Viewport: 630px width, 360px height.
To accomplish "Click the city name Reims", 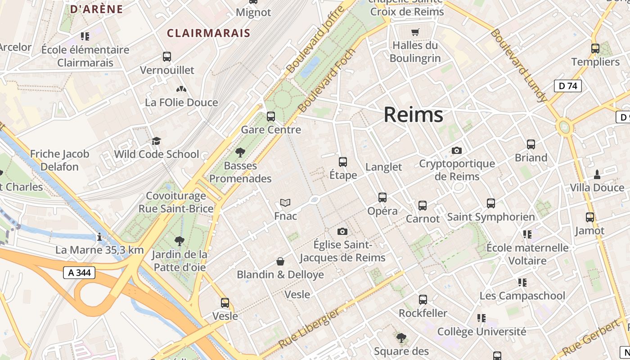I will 413,115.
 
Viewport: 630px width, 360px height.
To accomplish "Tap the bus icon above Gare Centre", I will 271,116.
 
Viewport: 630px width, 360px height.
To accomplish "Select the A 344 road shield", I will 79,272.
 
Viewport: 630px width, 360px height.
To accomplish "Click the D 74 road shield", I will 567,86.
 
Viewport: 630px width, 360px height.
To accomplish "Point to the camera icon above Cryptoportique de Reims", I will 457,150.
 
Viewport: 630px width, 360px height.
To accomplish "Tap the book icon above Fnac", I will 285,202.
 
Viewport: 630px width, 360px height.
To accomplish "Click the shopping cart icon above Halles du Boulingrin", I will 415,32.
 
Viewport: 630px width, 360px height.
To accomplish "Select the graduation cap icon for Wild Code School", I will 156,141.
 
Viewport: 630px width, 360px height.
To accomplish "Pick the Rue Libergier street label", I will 309,328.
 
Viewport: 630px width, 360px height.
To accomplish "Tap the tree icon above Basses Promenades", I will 240,152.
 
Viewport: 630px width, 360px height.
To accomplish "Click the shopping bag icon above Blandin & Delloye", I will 280,261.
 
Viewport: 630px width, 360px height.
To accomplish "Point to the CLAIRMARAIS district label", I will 208,33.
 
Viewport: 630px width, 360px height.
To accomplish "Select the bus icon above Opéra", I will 382,197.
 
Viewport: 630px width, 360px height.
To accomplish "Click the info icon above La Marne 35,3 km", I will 99,237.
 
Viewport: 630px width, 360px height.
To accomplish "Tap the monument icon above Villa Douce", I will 597,174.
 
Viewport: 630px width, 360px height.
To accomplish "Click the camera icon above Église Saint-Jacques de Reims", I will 342,231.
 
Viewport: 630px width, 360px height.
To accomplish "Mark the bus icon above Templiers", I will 595,48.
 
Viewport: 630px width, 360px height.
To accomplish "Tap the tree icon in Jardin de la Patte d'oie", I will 180,241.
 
